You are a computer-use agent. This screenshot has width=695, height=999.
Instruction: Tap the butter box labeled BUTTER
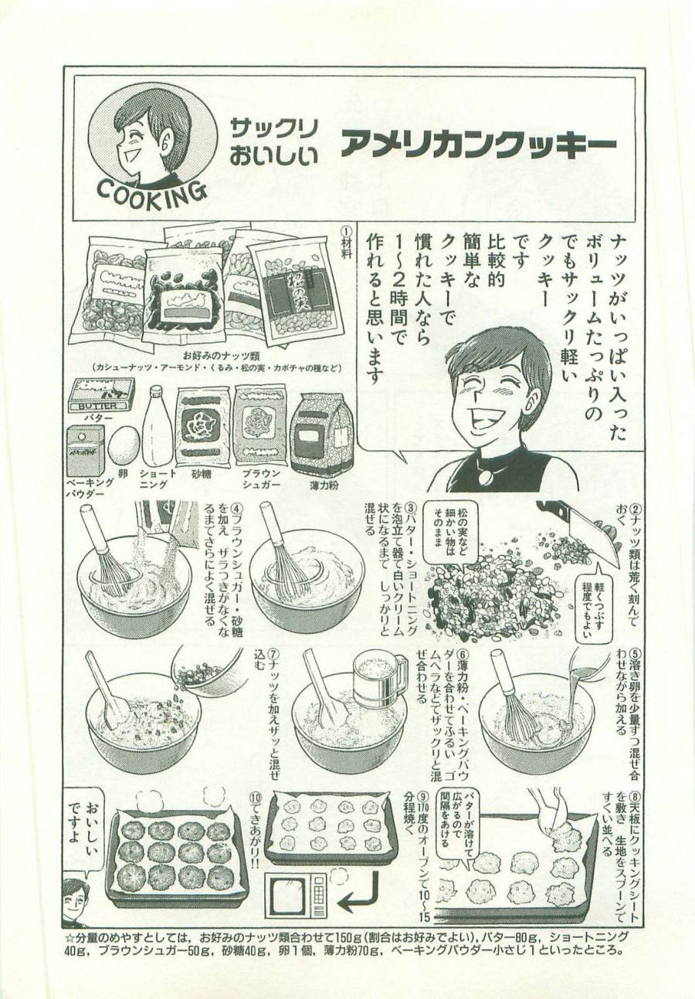click(100, 396)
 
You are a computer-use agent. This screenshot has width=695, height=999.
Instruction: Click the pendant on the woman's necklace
click(486, 476)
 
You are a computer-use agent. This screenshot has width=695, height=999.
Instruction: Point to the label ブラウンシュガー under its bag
click(260, 479)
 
